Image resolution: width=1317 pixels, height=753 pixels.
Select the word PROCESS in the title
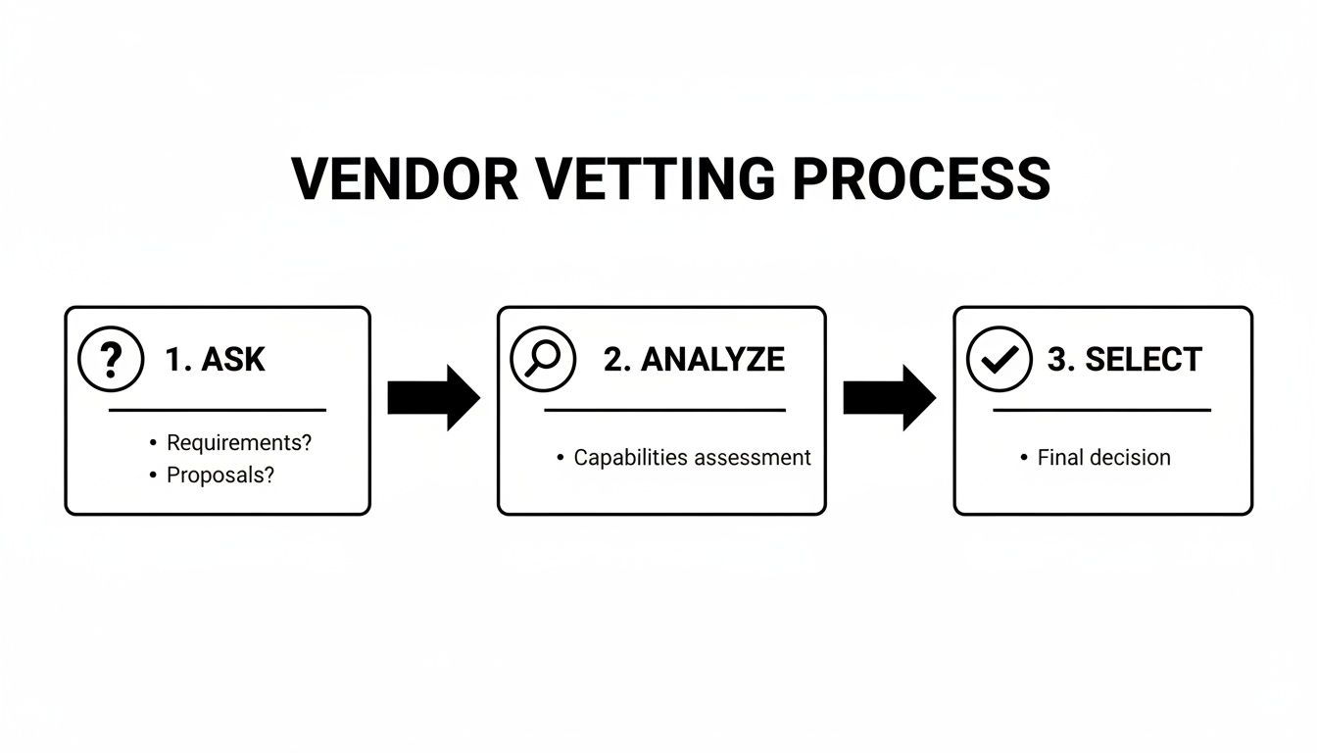(x=922, y=178)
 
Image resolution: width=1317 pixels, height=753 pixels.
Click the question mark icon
(x=111, y=360)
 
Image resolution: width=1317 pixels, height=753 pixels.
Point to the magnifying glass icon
(x=542, y=360)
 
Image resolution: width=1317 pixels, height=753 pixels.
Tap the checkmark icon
(x=999, y=360)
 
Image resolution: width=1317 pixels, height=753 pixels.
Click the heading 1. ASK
(x=215, y=360)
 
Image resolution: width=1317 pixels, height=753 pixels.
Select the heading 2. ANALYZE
(x=694, y=360)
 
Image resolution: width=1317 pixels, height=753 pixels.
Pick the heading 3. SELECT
(x=1124, y=360)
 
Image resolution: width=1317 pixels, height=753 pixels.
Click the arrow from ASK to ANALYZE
(x=433, y=398)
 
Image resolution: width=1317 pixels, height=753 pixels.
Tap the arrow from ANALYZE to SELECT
(x=889, y=398)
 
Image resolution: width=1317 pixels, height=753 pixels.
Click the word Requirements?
(x=239, y=442)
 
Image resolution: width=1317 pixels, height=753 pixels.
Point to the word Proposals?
(x=220, y=476)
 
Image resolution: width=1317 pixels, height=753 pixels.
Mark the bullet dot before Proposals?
(x=153, y=476)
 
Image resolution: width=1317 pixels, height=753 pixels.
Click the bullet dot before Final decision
(x=1024, y=458)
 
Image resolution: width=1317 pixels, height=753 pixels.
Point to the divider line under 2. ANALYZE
(x=664, y=410)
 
